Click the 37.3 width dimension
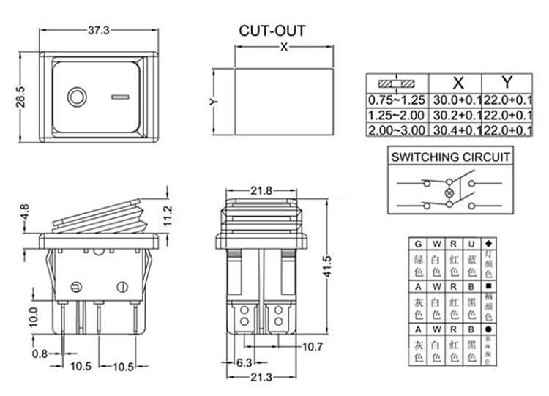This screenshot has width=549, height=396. [x=99, y=30]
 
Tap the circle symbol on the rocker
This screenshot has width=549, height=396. [x=76, y=97]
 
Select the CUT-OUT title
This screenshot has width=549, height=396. [x=272, y=31]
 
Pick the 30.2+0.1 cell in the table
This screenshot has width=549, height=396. [x=458, y=115]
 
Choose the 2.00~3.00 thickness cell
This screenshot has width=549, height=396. [x=396, y=130]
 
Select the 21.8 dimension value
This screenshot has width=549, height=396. [x=262, y=190]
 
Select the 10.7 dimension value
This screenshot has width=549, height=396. [x=313, y=345]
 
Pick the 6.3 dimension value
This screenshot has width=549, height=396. [x=244, y=362]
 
